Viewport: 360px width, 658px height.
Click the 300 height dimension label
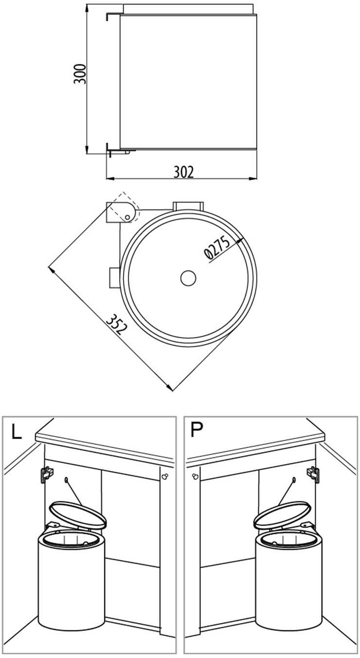[x=80, y=73]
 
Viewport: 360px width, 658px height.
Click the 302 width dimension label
[x=183, y=171]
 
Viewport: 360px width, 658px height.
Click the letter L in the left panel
[x=17, y=432]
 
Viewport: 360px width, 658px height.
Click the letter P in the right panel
[x=197, y=430]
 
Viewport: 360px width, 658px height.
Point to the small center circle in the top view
[x=187, y=278]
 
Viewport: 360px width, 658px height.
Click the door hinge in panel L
[x=46, y=474]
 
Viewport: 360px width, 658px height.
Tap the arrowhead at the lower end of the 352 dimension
[x=169, y=387]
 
